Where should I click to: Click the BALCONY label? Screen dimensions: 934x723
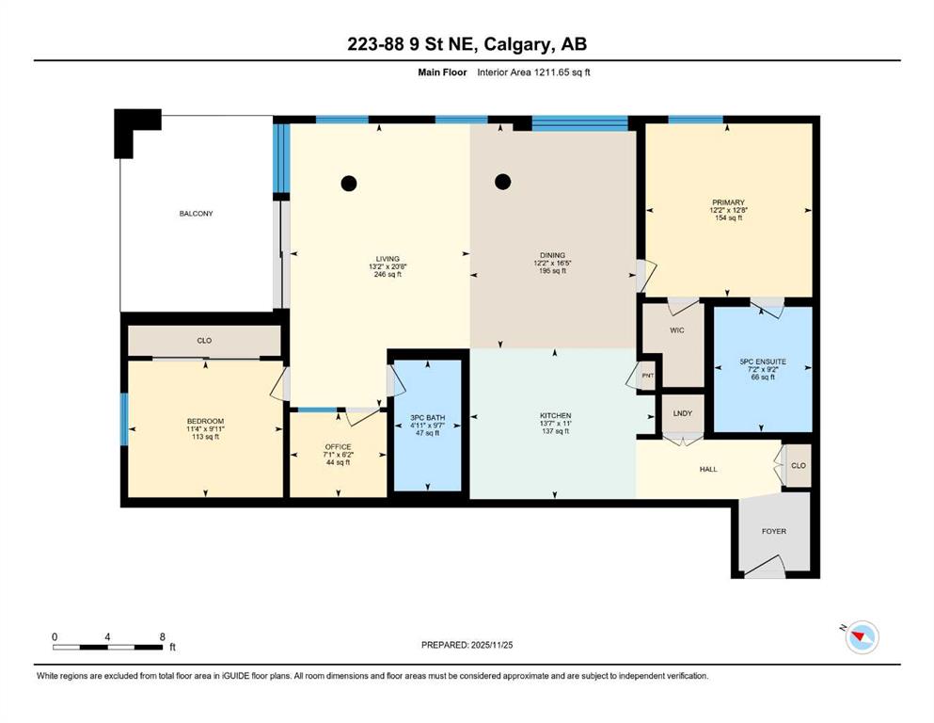click(x=196, y=214)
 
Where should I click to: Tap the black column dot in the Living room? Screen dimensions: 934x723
click(x=349, y=184)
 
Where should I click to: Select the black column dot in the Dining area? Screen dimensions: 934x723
click(x=502, y=181)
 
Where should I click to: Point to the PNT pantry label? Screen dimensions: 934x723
click(x=647, y=376)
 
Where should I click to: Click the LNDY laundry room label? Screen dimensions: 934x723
click(x=683, y=413)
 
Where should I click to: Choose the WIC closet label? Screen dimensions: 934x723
click(x=677, y=330)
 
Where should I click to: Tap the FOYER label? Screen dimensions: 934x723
click(x=774, y=531)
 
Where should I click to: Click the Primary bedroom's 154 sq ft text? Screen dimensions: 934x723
click(x=729, y=218)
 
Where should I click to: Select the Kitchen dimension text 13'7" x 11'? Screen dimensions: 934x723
click(x=556, y=424)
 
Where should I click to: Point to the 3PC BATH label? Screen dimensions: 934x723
click(x=428, y=418)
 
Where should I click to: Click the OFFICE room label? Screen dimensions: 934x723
click(x=339, y=447)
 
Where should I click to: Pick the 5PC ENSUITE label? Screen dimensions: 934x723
click(x=763, y=361)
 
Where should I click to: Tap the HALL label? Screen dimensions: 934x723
click(x=708, y=469)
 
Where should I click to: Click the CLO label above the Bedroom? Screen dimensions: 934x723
click(x=204, y=341)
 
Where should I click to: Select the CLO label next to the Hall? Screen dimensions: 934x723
click(x=799, y=465)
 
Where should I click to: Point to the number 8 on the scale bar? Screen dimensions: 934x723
click(x=163, y=636)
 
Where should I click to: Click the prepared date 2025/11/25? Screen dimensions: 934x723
click(x=492, y=645)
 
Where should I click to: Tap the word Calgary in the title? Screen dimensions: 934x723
click(x=516, y=44)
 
